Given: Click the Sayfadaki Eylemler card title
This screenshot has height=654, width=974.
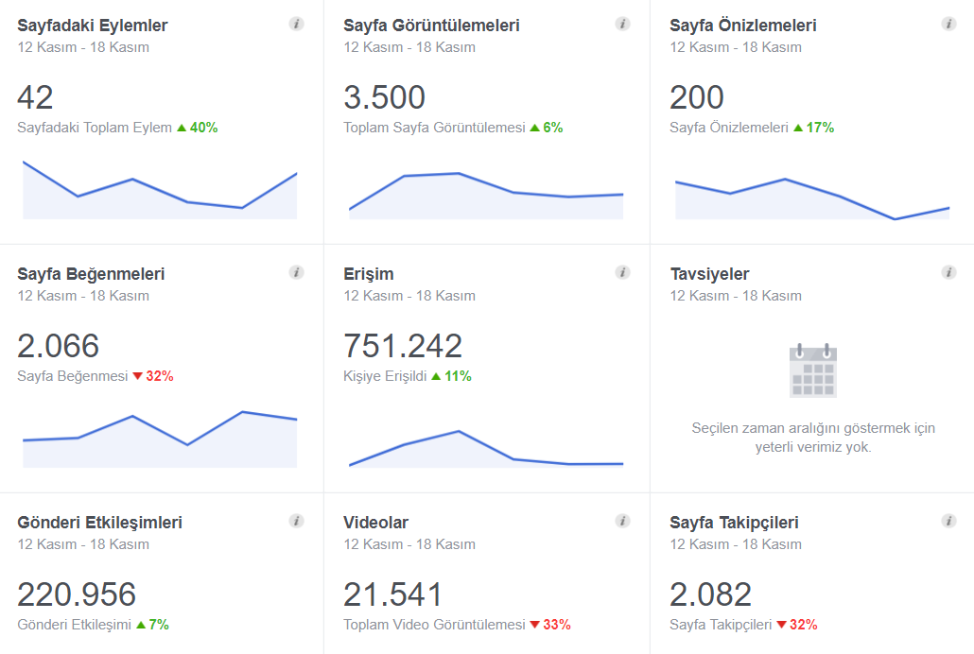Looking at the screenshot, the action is pyautogui.click(x=93, y=26).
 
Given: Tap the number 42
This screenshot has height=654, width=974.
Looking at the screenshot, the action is pyautogui.click(x=35, y=97).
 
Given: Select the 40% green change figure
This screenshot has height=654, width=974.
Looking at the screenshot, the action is pyautogui.click(x=203, y=128).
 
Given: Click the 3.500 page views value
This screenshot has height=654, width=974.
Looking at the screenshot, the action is pyautogui.click(x=385, y=97).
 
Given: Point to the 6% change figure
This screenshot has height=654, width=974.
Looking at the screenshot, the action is pyautogui.click(x=553, y=128).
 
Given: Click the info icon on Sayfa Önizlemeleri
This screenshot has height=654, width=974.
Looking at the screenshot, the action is pyautogui.click(x=948, y=25).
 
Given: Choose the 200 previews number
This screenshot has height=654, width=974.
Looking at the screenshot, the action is pyautogui.click(x=697, y=97).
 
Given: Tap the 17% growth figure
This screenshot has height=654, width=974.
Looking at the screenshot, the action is pyautogui.click(x=820, y=128).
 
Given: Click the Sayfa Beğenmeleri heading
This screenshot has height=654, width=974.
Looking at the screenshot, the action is pyautogui.click(x=91, y=274).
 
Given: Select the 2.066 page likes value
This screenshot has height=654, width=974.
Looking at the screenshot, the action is pyautogui.click(x=59, y=346).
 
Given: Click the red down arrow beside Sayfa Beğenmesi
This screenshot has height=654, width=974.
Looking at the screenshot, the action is pyautogui.click(x=138, y=376).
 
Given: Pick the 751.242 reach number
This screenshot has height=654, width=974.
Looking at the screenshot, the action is pyautogui.click(x=403, y=346).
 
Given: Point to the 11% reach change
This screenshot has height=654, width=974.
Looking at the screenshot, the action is pyautogui.click(x=458, y=376).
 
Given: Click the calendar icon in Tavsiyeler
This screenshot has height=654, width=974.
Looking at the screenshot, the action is pyautogui.click(x=813, y=370).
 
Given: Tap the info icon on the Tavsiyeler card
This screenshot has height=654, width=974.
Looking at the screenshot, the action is pyautogui.click(x=948, y=272).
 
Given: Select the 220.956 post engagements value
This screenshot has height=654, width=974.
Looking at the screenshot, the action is pyautogui.click(x=77, y=594).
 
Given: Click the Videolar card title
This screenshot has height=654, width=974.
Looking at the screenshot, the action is pyautogui.click(x=375, y=523).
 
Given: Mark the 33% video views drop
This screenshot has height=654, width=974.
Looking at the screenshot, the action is pyautogui.click(x=557, y=624).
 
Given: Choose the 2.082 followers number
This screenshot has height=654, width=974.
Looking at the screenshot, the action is pyautogui.click(x=710, y=594).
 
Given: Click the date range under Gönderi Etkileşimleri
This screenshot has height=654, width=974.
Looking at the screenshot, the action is pyautogui.click(x=83, y=544).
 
